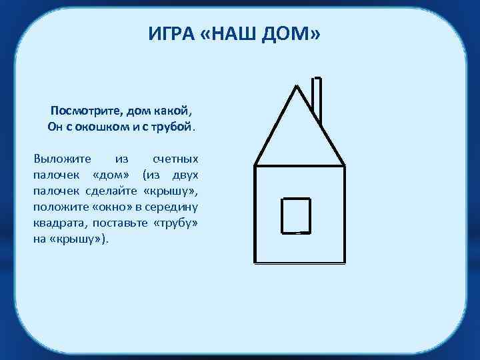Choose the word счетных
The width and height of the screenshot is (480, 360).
click(x=175, y=160)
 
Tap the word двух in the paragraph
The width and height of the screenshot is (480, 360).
click(x=185, y=175)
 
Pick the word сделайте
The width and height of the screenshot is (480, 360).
click(x=113, y=191)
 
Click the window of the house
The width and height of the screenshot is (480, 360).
click(x=296, y=215)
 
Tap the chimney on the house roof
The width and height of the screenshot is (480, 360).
click(x=318, y=100)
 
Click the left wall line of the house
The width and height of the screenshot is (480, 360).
click(x=255, y=213)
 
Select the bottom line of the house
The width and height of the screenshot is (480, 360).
click(x=300, y=263)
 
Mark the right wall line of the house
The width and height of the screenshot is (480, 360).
click(x=345, y=213)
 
